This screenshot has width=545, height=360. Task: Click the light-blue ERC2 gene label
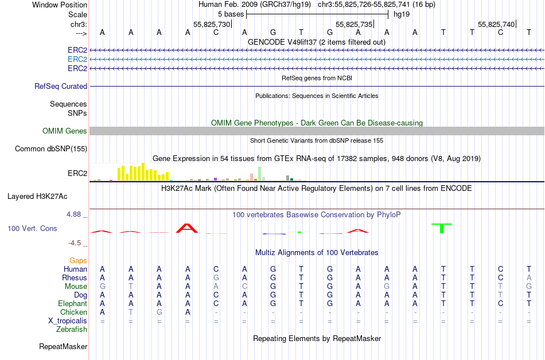click(77, 59)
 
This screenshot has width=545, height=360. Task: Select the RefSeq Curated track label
click(61, 86)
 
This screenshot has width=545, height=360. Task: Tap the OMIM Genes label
click(65, 131)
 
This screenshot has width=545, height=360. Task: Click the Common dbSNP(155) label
click(51, 148)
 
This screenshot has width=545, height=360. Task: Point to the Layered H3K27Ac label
click(37, 196)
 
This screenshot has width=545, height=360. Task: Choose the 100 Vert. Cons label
click(32, 228)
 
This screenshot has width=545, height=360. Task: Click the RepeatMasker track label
click(63, 346)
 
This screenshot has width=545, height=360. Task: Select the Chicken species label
click(74, 312)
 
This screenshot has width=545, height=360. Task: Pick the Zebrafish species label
click(72, 329)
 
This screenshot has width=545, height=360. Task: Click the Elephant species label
click(72, 303)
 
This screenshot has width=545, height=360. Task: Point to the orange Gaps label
click(78, 260)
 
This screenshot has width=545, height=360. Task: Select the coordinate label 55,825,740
click(496, 24)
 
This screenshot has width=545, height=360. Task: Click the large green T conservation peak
click(442, 228)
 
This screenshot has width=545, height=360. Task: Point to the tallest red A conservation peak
click(188, 228)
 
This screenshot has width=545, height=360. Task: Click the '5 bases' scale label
click(231, 13)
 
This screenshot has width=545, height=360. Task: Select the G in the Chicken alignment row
click(159, 312)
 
